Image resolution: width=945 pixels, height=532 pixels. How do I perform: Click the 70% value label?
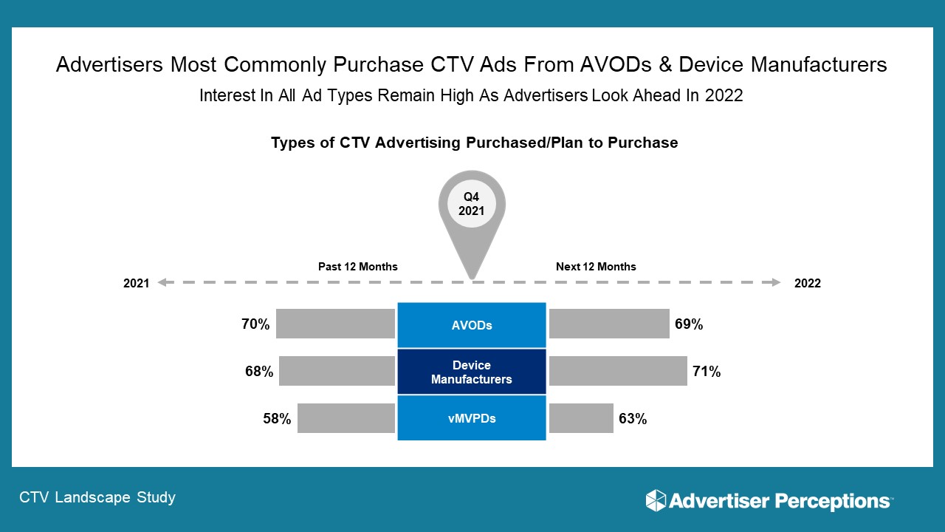pyautogui.click(x=255, y=324)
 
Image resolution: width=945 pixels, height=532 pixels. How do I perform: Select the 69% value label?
pyautogui.click(x=688, y=324)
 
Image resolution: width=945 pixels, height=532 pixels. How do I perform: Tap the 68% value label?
pyautogui.click(x=259, y=372)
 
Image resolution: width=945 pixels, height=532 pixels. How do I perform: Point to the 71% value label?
pyautogui.click(x=707, y=372)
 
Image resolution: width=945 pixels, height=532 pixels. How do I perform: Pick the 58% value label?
pyautogui.click(x=277, y=419)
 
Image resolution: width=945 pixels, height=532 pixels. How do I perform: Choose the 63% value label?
pyautogui.click(x=633, y=419)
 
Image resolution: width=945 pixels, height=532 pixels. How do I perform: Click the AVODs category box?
pyautogui.click(x=472, y=325)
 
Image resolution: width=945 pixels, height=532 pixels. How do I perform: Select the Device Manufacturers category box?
pyautogui.click(x=472, y=372)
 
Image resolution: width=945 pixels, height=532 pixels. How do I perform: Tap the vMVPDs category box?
pyautogui.click(x=472, y=418)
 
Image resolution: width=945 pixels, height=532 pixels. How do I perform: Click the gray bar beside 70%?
pyautogui.click(x=335, y=324)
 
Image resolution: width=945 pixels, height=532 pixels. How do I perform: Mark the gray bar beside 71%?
pyautogui.click(x=618, y=371)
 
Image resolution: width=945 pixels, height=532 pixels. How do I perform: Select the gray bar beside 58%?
pyautogui.click(x=346, y=418)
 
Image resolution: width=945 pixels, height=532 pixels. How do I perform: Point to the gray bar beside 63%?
pyautogui.click(x=581, y=418)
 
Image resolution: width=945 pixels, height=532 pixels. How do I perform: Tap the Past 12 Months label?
pyautogui.click(x=358, y=267)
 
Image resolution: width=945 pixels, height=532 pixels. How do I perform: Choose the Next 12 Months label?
pyautogui.click(x=596, y=267)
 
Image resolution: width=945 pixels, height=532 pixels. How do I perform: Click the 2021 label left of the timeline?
pyautogui.click(x=137, y=284)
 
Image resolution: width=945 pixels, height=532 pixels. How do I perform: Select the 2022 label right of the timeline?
pyautogui.click(x=807, y=284)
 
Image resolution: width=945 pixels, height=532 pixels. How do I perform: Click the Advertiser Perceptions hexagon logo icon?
pyautogui.click(x=656, y=500)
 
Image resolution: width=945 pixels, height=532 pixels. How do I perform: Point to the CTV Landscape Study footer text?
pyautogui.click(x=98, y=497)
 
